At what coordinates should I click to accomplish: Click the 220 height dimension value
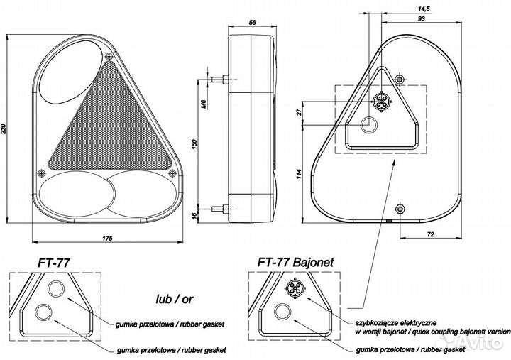point(6,129)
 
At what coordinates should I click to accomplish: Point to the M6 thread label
point(203,107)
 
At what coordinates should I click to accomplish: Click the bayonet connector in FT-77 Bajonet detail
point(294,288)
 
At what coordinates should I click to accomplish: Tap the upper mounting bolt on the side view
point(217,78)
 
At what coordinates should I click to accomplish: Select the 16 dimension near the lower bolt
point(203,214)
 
